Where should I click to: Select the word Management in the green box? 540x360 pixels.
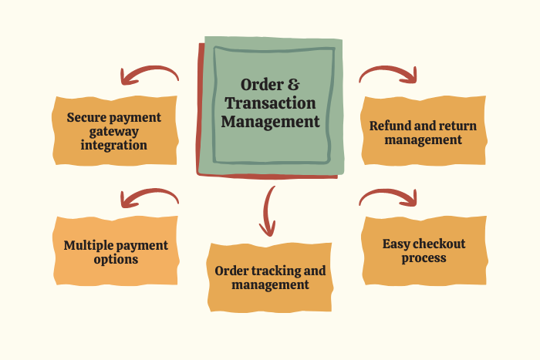click(269, 122)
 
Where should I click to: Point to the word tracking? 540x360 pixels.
click(277, 271)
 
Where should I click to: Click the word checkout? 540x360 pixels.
click(439, 244)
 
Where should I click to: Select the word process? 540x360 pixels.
click(424, 257)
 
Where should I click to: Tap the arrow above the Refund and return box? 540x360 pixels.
click(389, 72)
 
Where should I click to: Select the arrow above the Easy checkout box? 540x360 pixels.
click(389, 197)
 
